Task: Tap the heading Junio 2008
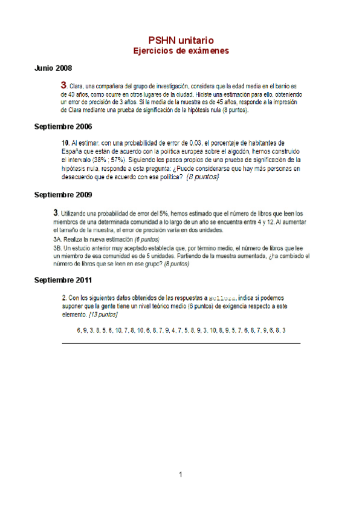[53, 68]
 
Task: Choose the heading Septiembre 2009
[63, 195]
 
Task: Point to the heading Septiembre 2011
[63, 281]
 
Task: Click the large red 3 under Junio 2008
[63, 86]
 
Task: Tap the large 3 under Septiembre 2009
[56, 213]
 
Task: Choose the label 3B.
[59, 248]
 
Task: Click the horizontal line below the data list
[181, 343]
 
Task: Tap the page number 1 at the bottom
[181, 474]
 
